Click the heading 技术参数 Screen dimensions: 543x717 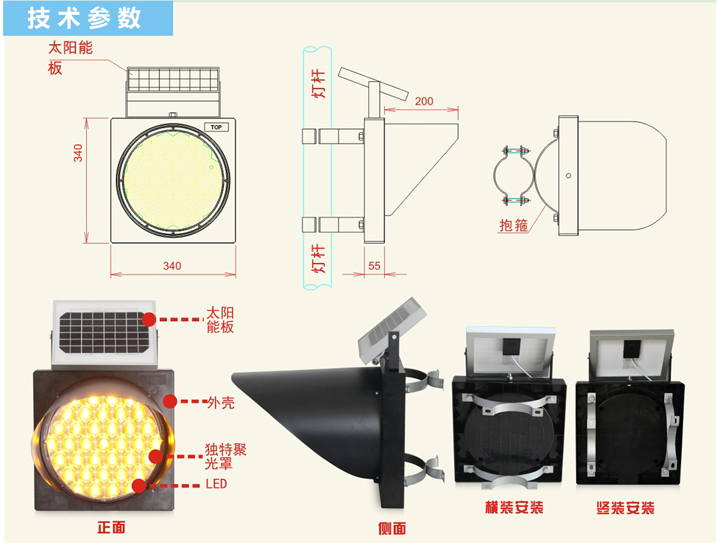(84, 19)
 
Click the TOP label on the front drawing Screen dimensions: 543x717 (216, 127)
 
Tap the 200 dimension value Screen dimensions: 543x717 (424, 101)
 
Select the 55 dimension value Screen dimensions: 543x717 (374, 265)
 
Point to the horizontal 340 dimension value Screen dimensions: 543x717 (172, 266)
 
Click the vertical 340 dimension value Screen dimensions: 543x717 (78, 154)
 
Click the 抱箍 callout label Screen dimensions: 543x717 (514, 225)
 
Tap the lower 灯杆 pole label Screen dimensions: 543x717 (319, 259)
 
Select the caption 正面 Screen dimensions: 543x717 (111, 528)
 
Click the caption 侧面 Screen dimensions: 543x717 (392, 528)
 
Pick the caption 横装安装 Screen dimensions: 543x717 (514, 508)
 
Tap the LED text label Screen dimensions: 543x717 (216, 484)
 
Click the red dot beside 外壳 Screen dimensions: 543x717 (170, 401)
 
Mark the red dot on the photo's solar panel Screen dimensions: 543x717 (149, 320)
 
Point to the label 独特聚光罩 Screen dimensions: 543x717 (226, 456)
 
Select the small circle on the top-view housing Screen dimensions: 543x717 (568, 176)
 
